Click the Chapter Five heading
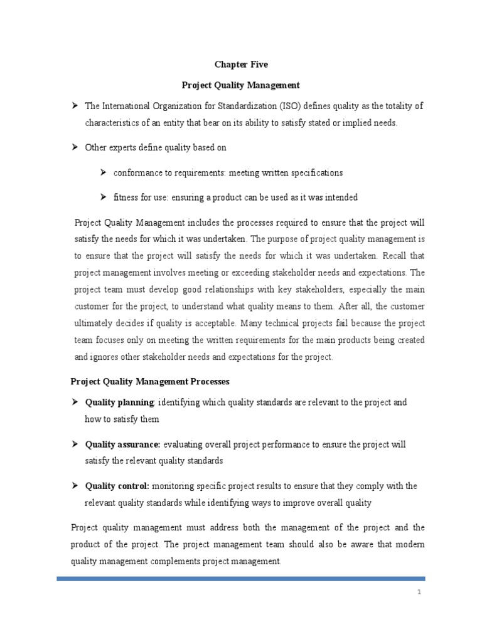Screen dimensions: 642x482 (x=241, y=63)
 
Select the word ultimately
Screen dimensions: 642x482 (x=94, y=323)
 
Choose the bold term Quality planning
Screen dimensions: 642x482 (x=119, y=402)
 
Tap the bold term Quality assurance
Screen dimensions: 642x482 (x=123, y=445)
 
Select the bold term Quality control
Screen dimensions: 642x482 (x=117, y=486)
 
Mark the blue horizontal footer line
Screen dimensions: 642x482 (x=241, y=579)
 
